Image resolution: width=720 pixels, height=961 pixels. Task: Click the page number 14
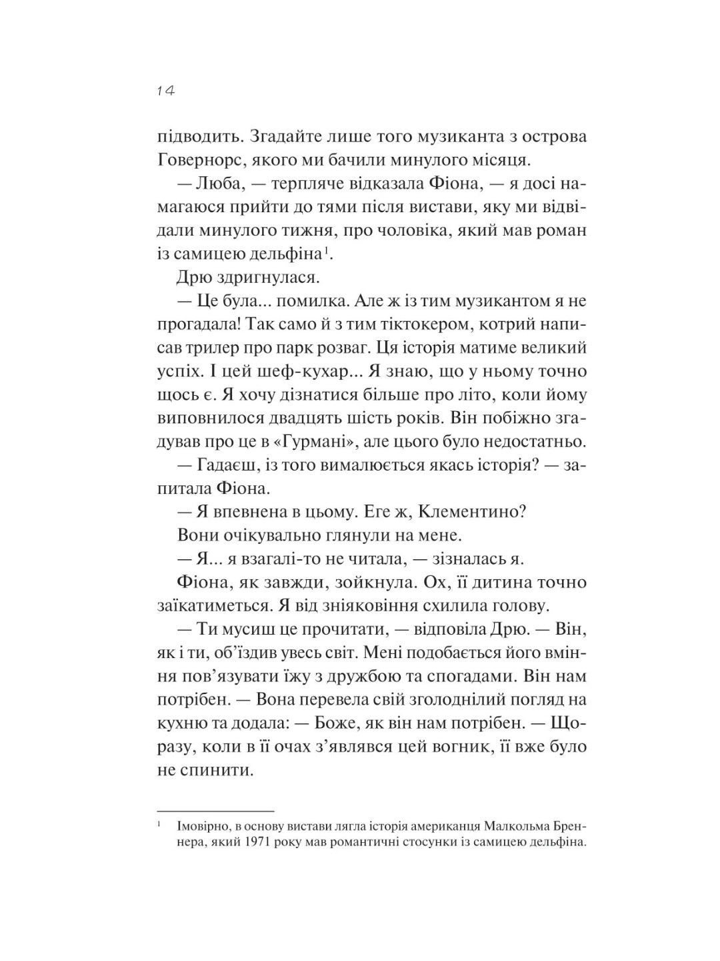tap(165, 91)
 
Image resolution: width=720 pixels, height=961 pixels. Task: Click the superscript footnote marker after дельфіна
tap(327, 250)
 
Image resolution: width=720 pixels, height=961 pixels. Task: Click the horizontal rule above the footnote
tap(215, 810)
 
